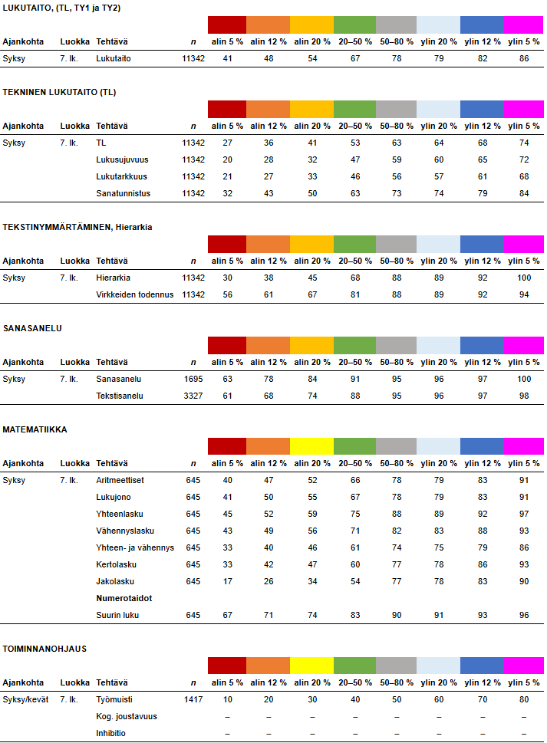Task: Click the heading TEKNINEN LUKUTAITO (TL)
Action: [60, 92]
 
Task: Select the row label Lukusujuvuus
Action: [122, 159]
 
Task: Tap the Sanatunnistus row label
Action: [123, 193]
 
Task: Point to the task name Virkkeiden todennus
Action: [134, 294]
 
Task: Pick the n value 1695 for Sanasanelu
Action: [194, 379]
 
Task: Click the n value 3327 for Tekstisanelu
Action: [194, 396]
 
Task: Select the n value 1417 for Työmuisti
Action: [194, 699]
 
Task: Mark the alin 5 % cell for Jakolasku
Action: [227, 581]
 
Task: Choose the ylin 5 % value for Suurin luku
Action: [523, 615]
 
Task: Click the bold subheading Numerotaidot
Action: [123, 598]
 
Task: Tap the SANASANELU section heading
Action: [33, 328]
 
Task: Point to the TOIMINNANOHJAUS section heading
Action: [45, 649]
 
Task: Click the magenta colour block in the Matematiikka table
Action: [523, 446]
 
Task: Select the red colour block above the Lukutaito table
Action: [227, 25]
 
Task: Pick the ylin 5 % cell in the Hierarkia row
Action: [523, 278]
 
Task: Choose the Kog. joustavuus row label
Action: [127, 716]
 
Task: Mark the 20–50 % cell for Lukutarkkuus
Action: [354, 176]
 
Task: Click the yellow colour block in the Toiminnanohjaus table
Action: [311, 666]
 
